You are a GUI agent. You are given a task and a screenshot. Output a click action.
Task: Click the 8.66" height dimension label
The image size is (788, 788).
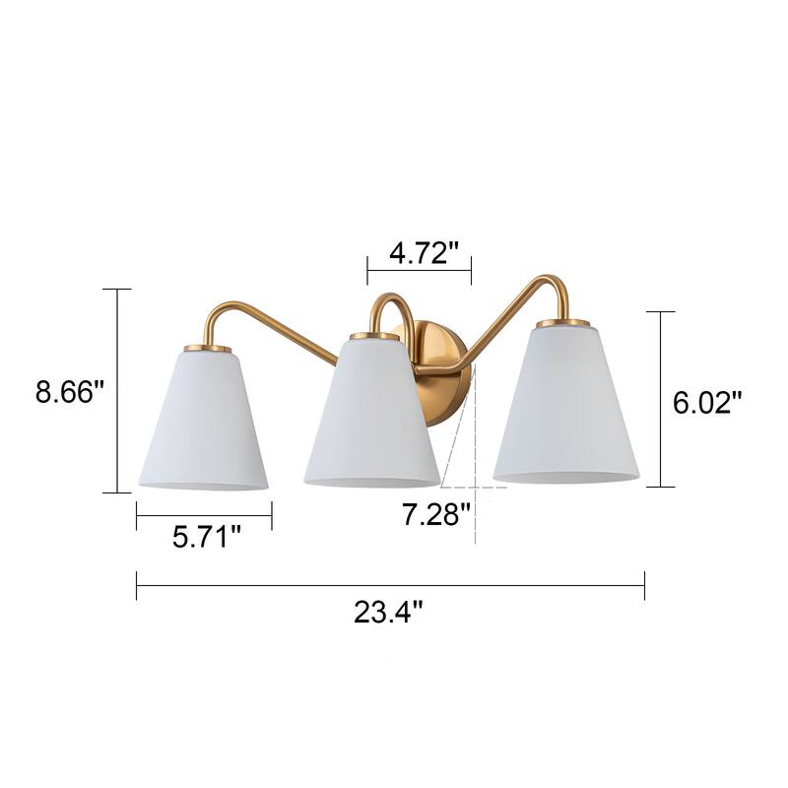point(70,392)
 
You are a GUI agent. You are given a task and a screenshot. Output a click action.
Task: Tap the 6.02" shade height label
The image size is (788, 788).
point(707,403)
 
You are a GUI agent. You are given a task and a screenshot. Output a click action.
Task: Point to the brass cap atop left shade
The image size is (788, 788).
point(208,347)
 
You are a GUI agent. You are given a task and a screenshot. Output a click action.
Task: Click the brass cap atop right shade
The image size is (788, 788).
point(563,321)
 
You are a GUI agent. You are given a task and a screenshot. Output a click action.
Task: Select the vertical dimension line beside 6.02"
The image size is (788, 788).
point(661,399)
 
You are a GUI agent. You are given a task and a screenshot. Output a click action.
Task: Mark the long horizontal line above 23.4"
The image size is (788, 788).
point(390,586)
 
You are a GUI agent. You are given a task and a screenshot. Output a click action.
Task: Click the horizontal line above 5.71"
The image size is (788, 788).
point(204,514)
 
